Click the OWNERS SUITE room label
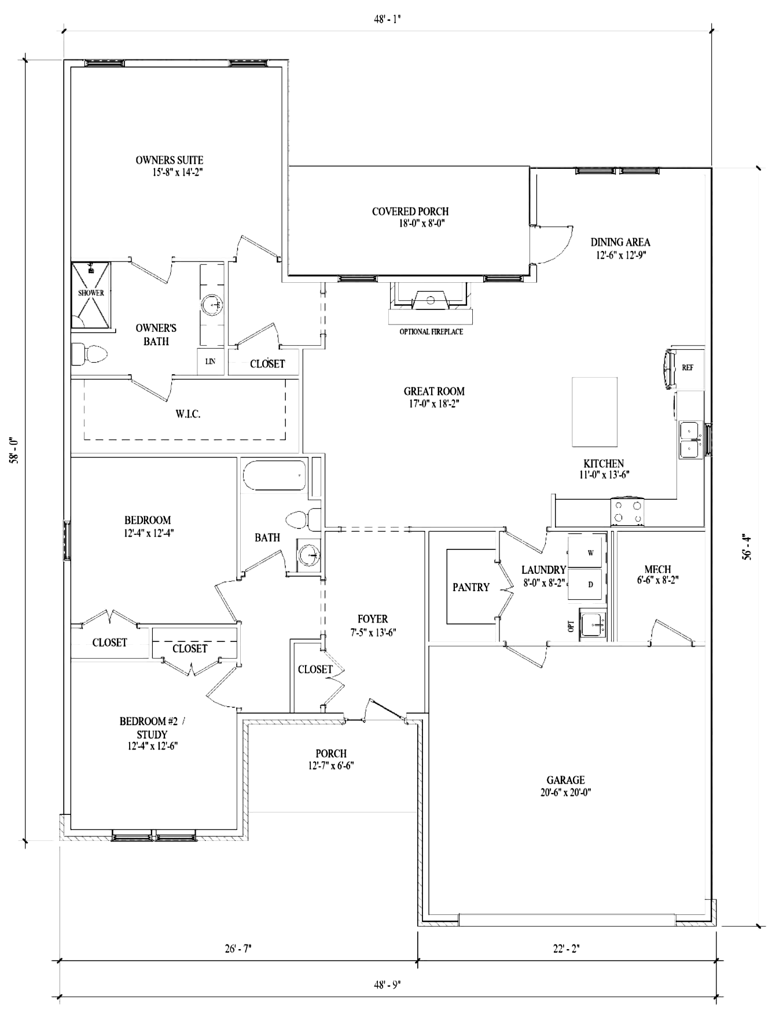(x=170, y=160)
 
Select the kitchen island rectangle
(x=594, y=412)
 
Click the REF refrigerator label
(x=688, y=367)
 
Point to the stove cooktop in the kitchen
(x=628, y=512)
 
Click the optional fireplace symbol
(x=431, y=303)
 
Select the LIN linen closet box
(x=210, y=361)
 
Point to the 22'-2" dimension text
(x=565, y=949)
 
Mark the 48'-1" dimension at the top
(x=387, y=19)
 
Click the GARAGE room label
(x=565, y=780)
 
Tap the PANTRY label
(x=471, y=587)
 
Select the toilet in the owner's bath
(x=90, y=355)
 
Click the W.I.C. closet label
(x=188, y=414)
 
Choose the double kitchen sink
(x=690, y=440)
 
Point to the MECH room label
(x=658, y=569)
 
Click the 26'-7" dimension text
(x=237, y=949)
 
